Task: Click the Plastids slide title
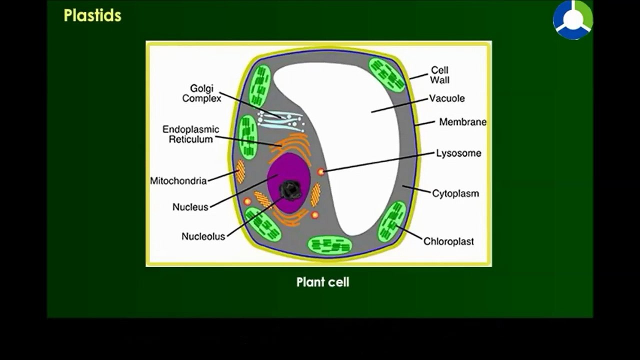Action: pos(92,15)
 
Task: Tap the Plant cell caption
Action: pos(323,282)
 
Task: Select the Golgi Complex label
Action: pos(201,93)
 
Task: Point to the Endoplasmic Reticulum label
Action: pos(191,134)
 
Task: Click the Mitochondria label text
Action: pos(178,181)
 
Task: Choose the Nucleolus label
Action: pos(203,236)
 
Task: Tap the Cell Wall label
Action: pos(439,75)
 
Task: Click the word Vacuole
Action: pos(447,98)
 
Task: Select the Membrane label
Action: pos(463,122)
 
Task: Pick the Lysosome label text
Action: pos(458,153)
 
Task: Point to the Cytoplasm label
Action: pos(455,193)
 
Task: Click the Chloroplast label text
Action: pos(448,241)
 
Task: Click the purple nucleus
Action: pos(288,183)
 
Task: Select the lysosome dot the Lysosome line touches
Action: pos(321,171)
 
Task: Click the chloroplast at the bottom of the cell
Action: pos(329,245)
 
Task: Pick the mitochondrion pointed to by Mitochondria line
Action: pos(240,171)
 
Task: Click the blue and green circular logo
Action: pos(573,20)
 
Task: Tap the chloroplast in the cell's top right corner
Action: pos(387,75)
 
